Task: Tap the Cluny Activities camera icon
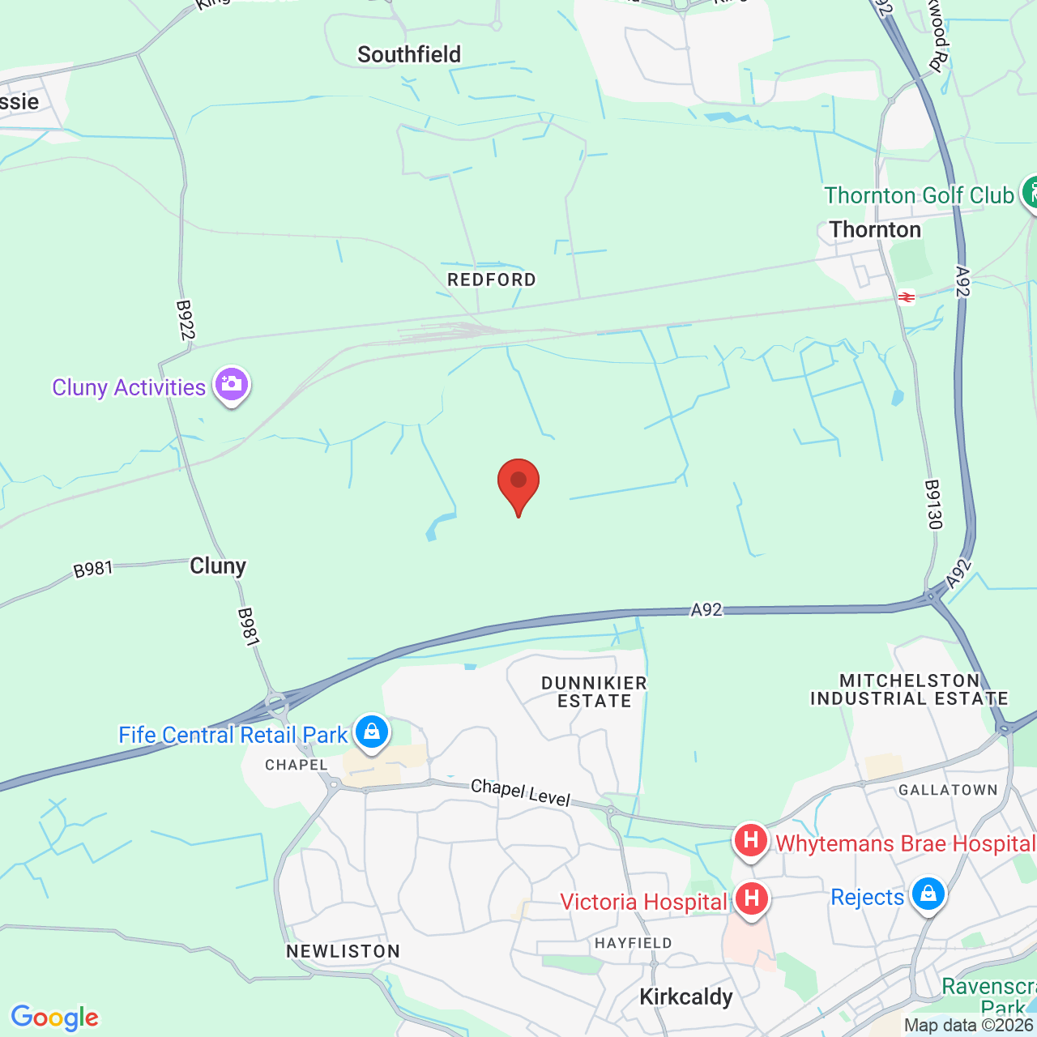(232, 385)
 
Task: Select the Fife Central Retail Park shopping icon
(372, 733)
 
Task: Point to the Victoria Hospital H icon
(751, 899)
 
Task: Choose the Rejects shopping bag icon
(928, 894)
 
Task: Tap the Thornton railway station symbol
(907, 297)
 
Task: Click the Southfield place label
(409, 54)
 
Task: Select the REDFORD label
(492, 280)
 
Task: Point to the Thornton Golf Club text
(919, 195)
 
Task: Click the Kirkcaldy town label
(686, 996)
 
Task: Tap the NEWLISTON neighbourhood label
(344, 951)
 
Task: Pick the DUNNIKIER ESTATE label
(594, 692)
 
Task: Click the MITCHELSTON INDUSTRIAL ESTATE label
(909, 689)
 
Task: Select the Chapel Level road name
(521, 792)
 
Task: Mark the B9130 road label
(934, 505)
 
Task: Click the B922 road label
(186, 320)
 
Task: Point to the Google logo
(55, 1018)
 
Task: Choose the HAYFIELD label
(634, 943)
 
